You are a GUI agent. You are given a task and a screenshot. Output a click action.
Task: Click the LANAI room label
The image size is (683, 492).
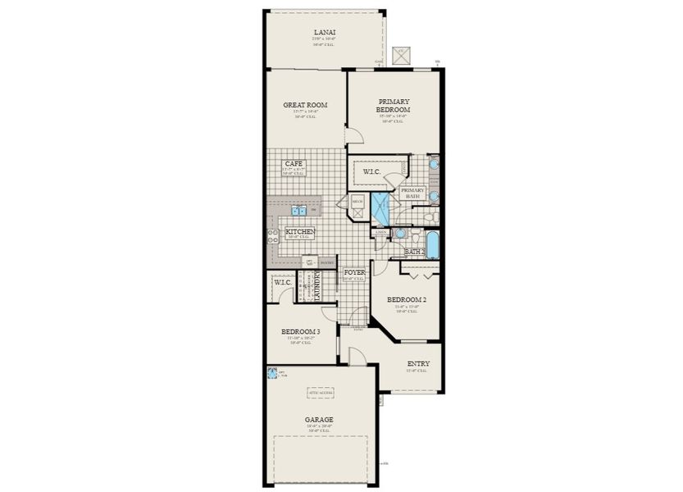point(325,32)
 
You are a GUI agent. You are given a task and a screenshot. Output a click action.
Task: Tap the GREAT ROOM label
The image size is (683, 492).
point(305,105)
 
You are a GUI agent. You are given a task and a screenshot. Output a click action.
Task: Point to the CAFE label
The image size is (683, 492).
point(294,164)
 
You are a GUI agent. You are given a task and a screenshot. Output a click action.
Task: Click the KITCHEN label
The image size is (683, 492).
point(299,233)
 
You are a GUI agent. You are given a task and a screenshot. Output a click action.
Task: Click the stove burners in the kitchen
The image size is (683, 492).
point(272,237)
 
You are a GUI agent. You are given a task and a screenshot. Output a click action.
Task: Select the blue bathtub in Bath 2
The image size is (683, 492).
point(431,244)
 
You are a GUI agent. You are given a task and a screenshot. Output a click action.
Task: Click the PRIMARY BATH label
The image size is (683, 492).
point(412,194)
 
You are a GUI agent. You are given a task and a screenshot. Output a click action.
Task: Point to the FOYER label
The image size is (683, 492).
point(353,272)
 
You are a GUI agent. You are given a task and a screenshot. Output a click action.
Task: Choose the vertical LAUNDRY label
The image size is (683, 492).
point(316,286)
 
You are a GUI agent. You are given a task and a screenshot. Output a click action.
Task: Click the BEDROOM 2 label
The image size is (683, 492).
point(406,300)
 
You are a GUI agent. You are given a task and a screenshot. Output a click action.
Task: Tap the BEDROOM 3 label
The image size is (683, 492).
point(300,331)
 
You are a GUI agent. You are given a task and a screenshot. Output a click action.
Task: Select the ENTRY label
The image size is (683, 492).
point(417,364)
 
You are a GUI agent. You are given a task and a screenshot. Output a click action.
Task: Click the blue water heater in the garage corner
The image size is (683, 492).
point(271,373)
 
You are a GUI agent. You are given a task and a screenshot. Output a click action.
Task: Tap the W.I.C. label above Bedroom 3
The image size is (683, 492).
point(284,283)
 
